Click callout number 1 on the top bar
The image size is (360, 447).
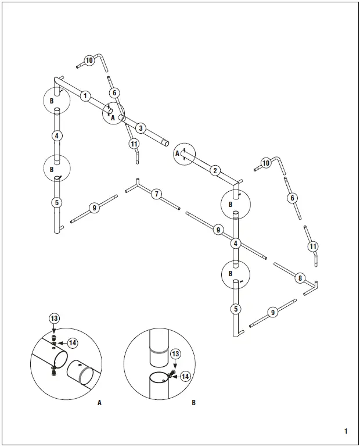tap(86, 96)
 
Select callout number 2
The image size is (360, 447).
tap(215, 170)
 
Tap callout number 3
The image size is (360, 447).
tap(141, 128)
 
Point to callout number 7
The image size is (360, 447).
tap(157, 194)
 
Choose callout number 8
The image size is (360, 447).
tap(300, 278)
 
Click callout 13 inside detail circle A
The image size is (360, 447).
tap(54, 319)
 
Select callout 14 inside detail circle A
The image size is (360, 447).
tap(73, 343)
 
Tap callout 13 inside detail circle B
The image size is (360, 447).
tap(176, 354)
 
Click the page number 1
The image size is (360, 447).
tap(345, 431)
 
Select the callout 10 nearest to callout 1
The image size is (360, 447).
tap(89, 60)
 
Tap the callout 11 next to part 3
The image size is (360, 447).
tap(134, 144)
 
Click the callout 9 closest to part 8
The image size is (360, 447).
tap(272, 313)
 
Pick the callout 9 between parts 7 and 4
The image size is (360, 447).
tap(218, 230)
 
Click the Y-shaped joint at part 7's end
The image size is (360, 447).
tap(136, 184)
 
